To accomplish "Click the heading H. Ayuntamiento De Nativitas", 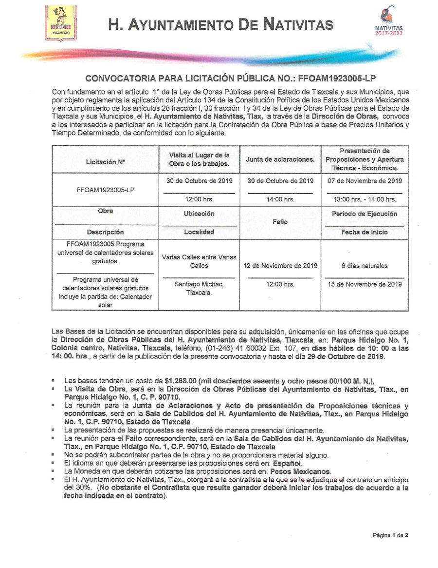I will [221, 24].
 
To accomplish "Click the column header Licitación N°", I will [105, 160].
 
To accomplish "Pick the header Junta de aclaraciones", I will [280, 159].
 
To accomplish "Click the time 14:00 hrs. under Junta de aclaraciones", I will [280, 199].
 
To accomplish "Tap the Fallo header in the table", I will [280, 222].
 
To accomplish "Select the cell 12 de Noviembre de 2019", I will [280, 266].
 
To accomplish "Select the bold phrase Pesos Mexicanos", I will [300, 471].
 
